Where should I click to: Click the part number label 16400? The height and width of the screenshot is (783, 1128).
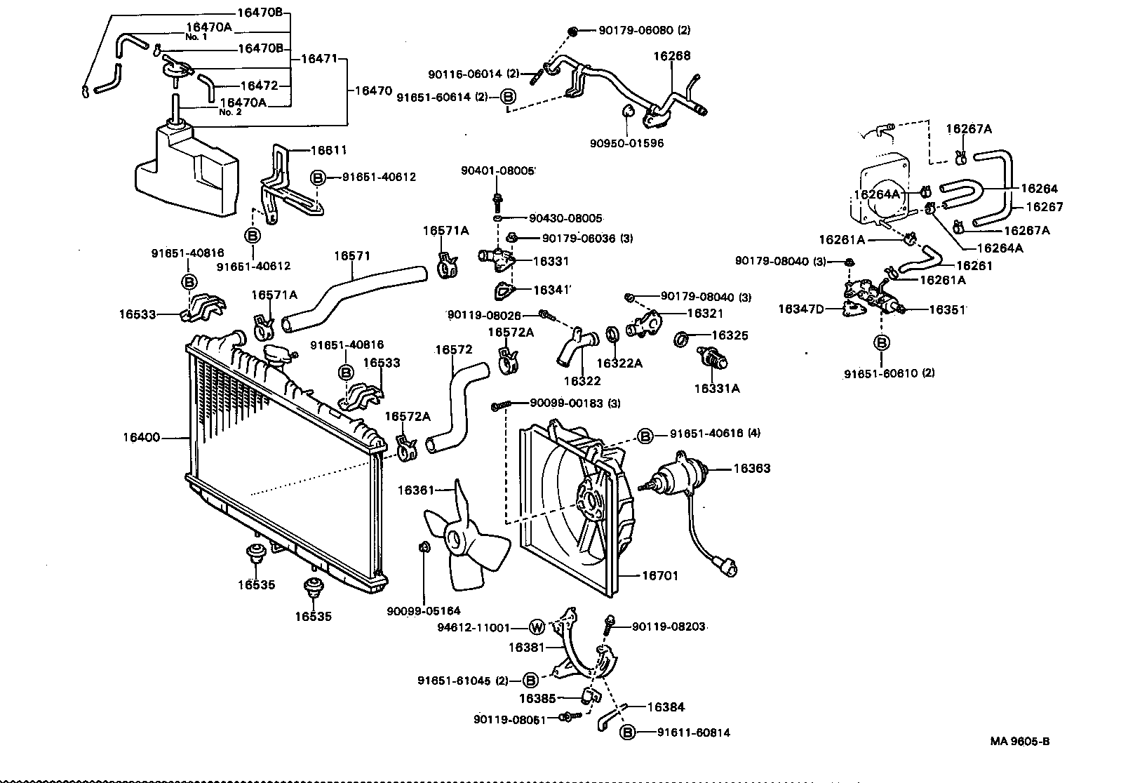click(141, 438)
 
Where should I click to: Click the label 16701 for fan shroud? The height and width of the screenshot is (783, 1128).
click(660, 576)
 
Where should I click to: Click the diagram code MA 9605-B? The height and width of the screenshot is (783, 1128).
click(1020, 742)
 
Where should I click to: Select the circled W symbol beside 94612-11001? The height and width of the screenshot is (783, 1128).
click(537, 627)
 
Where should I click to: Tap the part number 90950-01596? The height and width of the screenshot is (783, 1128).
click(626, 143)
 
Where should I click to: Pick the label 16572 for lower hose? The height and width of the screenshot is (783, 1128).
click(453, 349)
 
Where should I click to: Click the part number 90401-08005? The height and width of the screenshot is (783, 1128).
click(497, 170)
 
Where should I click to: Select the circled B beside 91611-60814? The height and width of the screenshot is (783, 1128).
click(628, 732)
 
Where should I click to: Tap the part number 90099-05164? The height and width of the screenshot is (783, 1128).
click(423, 611)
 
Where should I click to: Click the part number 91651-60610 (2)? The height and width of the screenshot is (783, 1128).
click(889, 373)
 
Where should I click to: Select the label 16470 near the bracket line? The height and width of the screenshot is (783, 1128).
click(372, 91)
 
